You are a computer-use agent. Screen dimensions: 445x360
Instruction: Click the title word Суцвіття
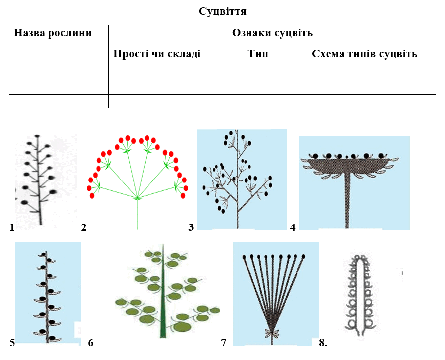[x=223, y=12]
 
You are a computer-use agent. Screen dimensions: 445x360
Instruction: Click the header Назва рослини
[x=53, y=33]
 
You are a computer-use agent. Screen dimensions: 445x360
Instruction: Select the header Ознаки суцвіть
[x=272, y=33]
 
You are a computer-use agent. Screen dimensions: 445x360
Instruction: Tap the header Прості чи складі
[x=157, y=54]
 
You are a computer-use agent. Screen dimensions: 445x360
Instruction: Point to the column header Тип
[x=258, y=54]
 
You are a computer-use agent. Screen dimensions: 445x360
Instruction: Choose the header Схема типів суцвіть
[x=365, y=54]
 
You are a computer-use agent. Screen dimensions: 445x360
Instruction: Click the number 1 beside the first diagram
[x=12, y=227]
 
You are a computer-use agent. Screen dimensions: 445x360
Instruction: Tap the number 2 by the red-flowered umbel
[x=84, y=227]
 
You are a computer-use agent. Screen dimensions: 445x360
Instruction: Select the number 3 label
[x=191, y=227]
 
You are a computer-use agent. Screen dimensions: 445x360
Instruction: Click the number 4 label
[x=293, y=227]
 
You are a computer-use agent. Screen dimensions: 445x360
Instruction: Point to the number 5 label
[x=12, y=343]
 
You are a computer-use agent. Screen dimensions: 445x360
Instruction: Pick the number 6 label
[x=90, y=343]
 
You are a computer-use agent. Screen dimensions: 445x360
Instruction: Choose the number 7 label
[x=224, y=343]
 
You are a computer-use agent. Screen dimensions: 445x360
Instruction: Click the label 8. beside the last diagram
[x=323, y=343]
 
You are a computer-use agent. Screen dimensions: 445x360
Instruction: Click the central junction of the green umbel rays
[x=137, y=198]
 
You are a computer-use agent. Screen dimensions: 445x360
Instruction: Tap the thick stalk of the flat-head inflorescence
[x=347, y=201]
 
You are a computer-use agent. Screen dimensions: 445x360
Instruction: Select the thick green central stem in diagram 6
[x=163, y=292]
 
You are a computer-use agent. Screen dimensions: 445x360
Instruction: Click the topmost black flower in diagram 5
[x=43, y=254]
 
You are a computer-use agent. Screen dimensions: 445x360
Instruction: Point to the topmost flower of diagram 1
[x=37, y=136]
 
